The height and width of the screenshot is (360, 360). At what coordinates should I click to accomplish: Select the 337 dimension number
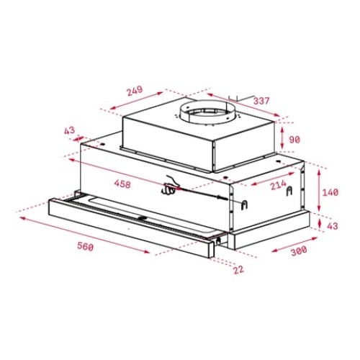tap(261, 101)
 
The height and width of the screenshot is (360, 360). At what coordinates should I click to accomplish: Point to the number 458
tap(122, 185)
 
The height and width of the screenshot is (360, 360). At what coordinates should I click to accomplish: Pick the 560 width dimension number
tap(85, 247)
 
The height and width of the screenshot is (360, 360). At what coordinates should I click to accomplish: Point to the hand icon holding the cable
tap(170, 189)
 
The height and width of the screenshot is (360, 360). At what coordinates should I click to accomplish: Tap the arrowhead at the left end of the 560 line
tap(20, 214)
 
